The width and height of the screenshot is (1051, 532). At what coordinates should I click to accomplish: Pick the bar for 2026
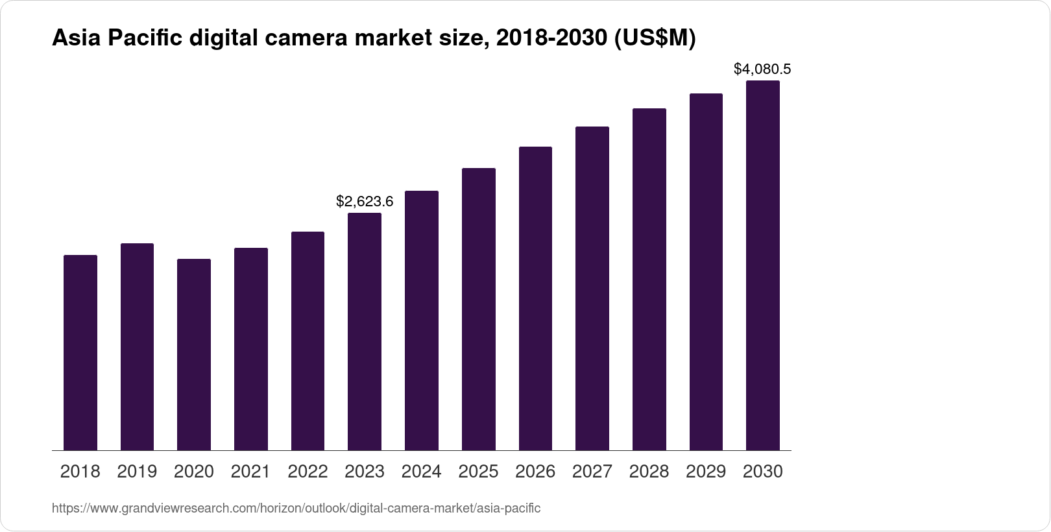(535, 298)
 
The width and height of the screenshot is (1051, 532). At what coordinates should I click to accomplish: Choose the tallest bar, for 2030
(763, 265)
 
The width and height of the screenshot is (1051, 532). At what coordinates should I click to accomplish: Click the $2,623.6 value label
(365, 202)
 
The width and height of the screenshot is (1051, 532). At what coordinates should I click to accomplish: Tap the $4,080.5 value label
(762, 69)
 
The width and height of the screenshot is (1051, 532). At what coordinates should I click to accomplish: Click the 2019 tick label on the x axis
(137, 472)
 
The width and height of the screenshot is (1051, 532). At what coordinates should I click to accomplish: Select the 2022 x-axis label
(308, 472)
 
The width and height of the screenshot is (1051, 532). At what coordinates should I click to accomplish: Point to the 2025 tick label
(479, 472)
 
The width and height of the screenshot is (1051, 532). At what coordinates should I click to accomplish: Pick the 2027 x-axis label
(592, 472)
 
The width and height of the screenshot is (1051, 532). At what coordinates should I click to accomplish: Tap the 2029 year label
(706, 472)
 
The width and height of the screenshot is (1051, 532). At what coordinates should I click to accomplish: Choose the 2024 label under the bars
(422, 472)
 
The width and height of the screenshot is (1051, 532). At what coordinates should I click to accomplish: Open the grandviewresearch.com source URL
(296, 508)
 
